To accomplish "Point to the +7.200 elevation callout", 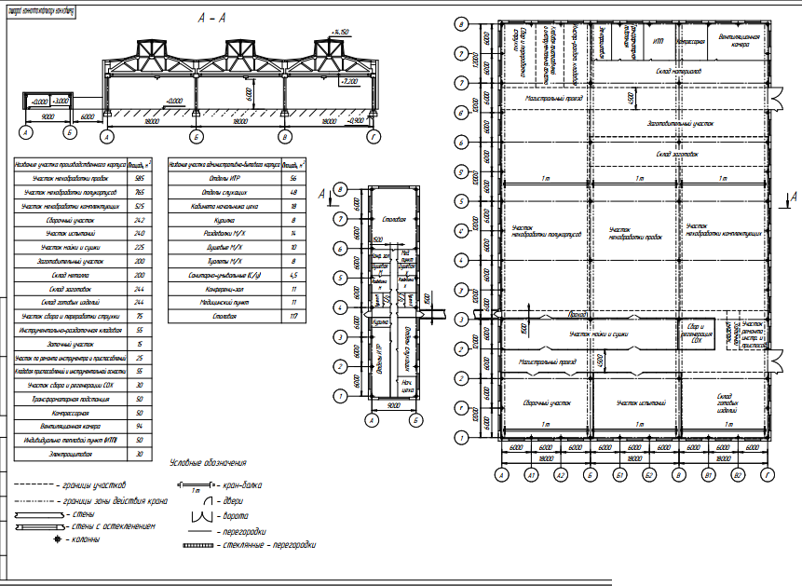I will [350, 82].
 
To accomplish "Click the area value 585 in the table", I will [140, 177].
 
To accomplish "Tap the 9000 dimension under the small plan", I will [393, 405].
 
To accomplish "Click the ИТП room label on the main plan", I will [659, 42].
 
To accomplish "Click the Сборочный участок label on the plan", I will [547, 403].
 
